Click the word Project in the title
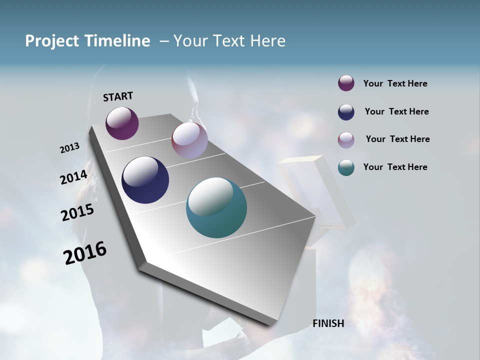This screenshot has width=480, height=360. tap(52, 41)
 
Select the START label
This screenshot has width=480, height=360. tap(118, 96)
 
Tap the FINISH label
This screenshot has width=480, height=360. tap(328, 323)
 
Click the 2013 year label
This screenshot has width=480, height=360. tap(70, 148)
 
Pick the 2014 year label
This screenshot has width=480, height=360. tap(74, 177)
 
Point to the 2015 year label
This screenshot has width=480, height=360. tap(77, 212)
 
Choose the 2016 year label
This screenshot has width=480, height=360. tap(85, 253)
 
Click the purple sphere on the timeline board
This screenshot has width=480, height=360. tap(122, 123)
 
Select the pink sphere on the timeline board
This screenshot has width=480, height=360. tap(189, 140)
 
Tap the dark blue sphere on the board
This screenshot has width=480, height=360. tap(145, 180)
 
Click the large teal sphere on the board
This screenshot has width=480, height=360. tap(216, 207)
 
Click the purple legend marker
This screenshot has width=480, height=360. tap(346, 83)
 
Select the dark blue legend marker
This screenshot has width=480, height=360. tap(346, 112)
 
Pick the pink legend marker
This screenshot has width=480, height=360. tap(346, 140)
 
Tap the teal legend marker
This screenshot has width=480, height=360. tap(346, 167)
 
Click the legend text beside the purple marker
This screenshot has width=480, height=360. tap(395, 83)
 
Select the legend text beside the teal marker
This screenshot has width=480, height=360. tap(395, 167)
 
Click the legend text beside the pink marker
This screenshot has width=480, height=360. tap(397, 139)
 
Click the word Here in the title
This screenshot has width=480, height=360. tap(268, 41)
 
